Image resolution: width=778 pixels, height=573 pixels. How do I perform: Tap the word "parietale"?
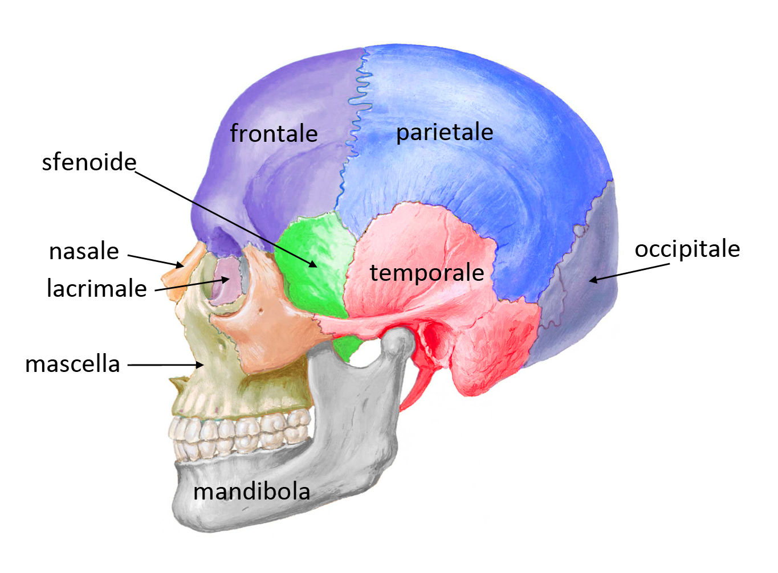click(445, 133)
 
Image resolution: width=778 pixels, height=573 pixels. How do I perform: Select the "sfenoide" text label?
click(89, 162)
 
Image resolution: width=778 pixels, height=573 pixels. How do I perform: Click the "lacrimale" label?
click(97, 288)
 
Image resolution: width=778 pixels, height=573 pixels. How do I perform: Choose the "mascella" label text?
click(72, 364)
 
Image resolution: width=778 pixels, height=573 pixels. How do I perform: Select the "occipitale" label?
click(687, 250)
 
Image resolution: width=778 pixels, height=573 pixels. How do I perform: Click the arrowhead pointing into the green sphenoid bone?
click(313, 264)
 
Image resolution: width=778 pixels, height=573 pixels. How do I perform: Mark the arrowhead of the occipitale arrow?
click(593, 280)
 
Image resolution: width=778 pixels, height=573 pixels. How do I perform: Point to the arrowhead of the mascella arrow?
click(199, 365)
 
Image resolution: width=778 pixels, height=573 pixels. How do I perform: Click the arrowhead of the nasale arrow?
click(180, 265)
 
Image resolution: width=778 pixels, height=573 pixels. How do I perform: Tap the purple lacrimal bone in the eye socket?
click(225, 282)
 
